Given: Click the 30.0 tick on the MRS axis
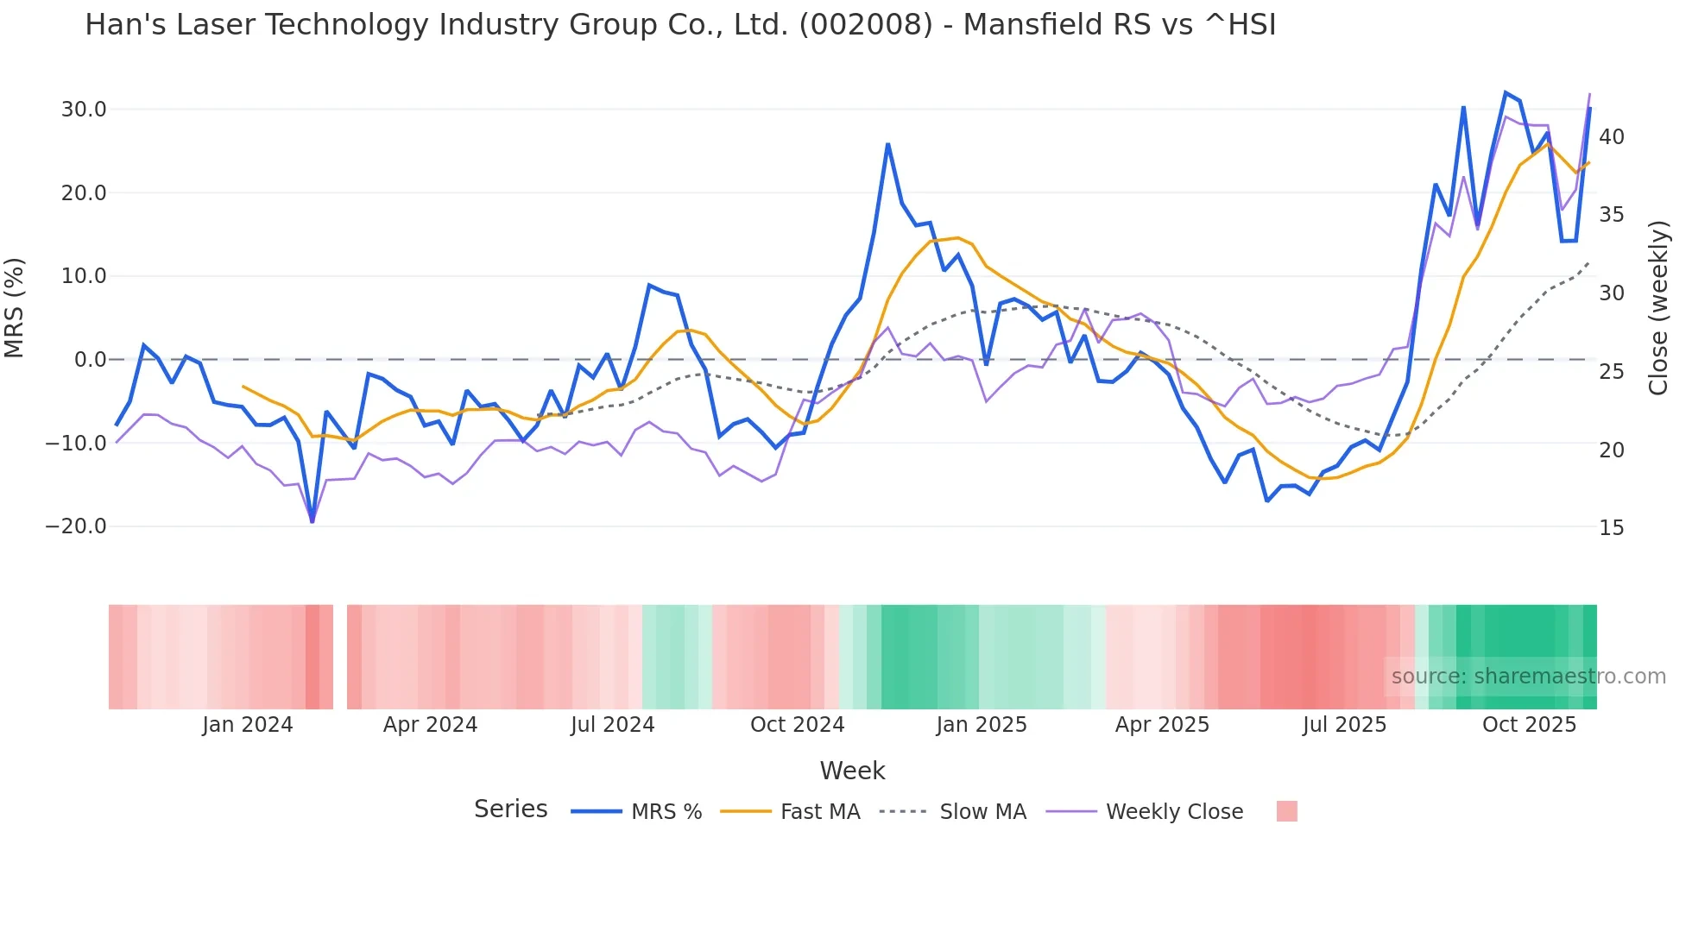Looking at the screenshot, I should coord(83,110).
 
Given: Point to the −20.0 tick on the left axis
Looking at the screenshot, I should coord(76,526).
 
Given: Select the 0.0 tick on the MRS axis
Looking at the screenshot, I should coord(90,360).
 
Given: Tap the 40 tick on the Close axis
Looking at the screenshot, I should coord(1611,137).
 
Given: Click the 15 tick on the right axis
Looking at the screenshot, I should coord(1611,528).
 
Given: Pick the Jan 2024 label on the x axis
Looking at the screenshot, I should coord(248,725).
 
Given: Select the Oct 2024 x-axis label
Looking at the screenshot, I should coord(797,725).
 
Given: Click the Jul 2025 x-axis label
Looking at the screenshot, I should coord(1344,725).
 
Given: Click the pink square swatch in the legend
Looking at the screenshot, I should coord(1286,811).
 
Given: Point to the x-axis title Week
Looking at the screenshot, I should coord(852,771).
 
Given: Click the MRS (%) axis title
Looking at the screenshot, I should coord(15,307).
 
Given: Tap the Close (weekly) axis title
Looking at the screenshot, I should coord(1657,308).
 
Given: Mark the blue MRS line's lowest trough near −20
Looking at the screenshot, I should coord(312,521).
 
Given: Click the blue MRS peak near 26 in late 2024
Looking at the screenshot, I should coord(887,144).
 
